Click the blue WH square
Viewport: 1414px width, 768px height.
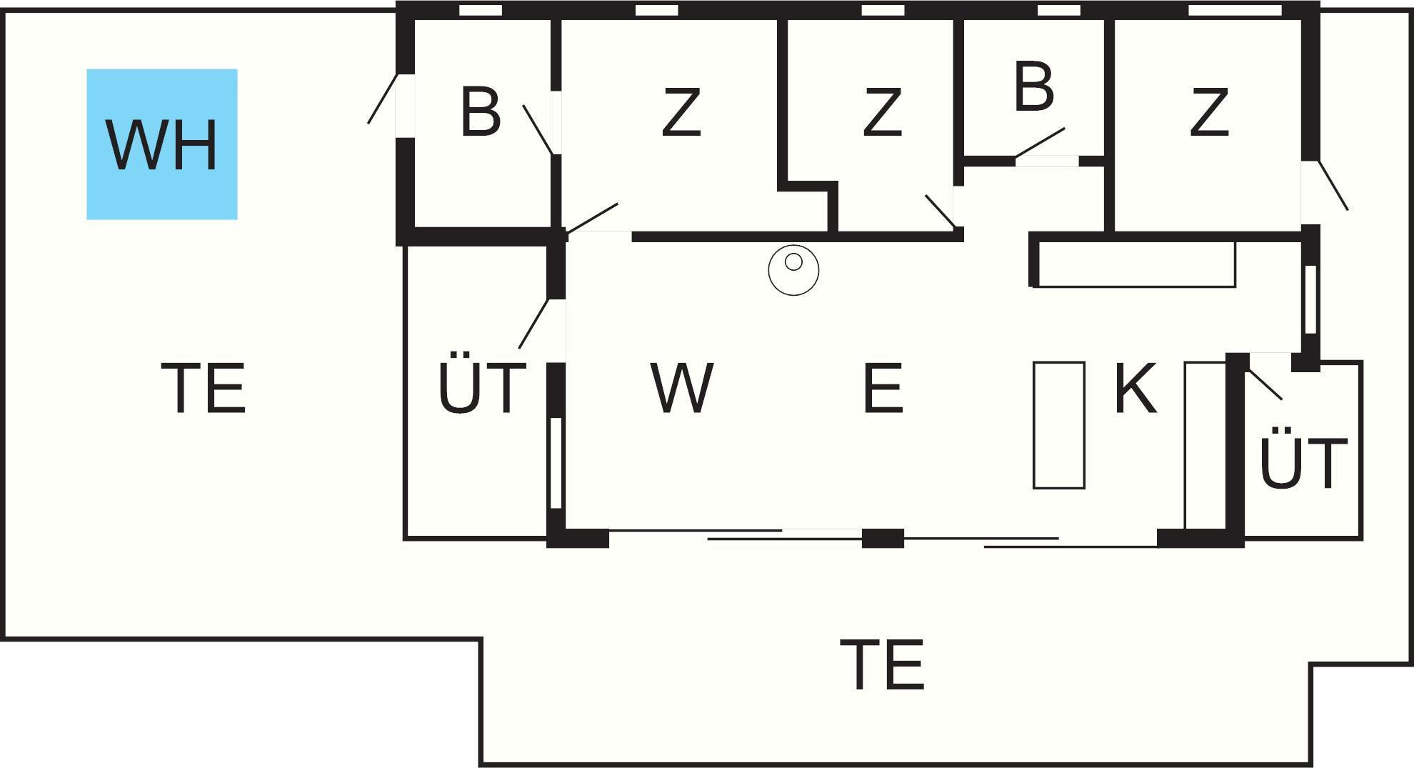click(x=162, y=144)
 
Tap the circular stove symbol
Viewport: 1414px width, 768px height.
click(x=793, y=270)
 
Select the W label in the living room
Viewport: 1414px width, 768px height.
click(x=681, y=388)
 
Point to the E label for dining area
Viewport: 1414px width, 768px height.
click(x=883, y=388)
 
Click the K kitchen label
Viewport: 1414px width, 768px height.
click(x=1135, y=388)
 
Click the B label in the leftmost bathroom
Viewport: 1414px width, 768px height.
click(x=480, y=112)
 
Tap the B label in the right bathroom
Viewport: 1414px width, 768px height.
click(x=1033, y=87)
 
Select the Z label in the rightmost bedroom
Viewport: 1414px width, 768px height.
click(x=1209, y=112)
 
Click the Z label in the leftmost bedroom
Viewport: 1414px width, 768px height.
click(x=681, y=112)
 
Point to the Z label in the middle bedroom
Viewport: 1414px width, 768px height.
click(x=882, y=112)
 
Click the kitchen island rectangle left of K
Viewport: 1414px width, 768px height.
click(x=1059, y=425)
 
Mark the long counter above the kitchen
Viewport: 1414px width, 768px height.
click(x=1135, y=264)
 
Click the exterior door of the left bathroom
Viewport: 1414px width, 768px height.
click(x=383, y=99)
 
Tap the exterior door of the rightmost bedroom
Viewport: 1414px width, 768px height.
click(x=1333, y=185)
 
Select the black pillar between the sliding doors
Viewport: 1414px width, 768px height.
click(x=883, y=538)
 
